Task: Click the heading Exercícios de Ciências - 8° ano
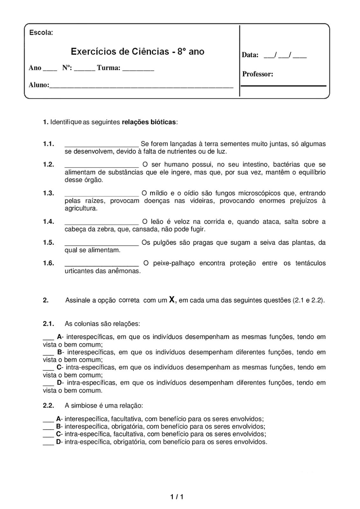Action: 137,52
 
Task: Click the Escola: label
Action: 41,32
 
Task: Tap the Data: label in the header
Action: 250,55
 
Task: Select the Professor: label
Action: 258,74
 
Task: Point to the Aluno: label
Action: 39,85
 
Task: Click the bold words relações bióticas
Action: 149,122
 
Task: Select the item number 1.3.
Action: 48,193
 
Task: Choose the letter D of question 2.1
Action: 59,383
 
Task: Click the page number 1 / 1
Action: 177,497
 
